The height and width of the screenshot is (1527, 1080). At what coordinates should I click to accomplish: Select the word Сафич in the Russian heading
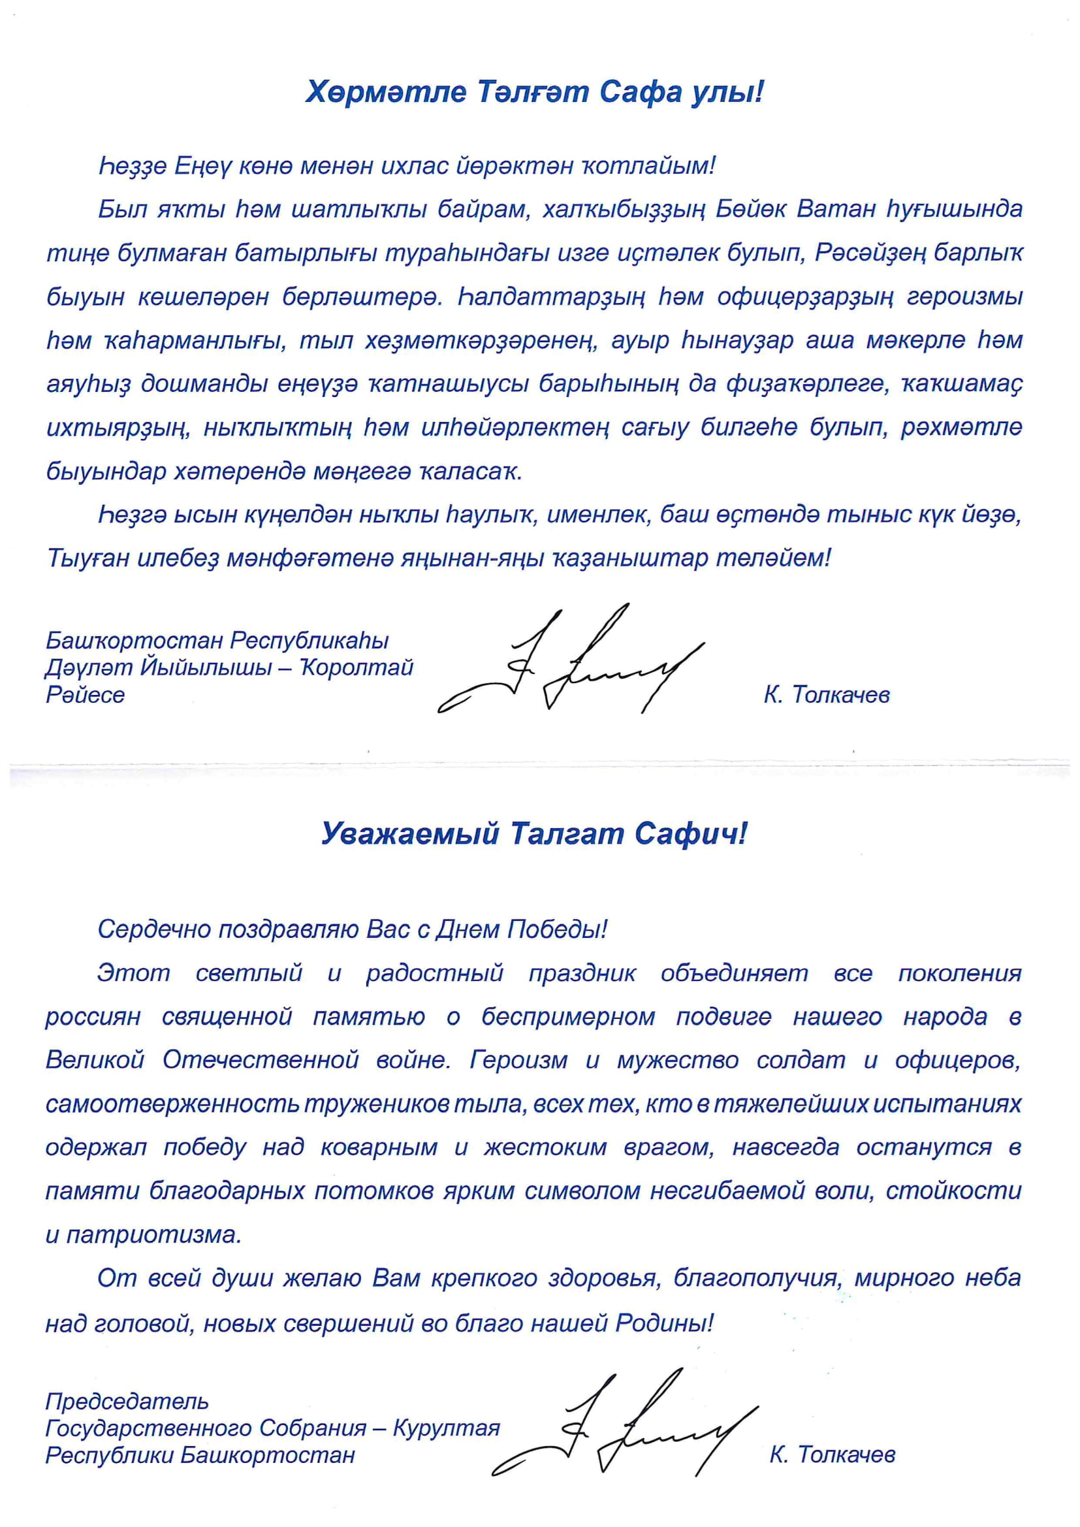(691, 833)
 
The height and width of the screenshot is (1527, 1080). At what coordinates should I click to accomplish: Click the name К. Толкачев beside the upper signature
(827, 696)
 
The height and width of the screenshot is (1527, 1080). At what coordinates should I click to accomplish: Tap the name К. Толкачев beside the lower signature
(832, 1455)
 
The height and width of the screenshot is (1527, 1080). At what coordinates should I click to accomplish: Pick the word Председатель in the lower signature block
(127, 1402)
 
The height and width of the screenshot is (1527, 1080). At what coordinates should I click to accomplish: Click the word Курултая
(446, 1428)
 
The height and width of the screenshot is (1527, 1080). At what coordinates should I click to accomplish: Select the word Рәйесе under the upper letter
(85, 695)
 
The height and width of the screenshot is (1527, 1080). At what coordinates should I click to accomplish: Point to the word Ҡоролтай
(358, 667)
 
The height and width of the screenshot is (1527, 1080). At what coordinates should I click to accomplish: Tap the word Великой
(95, 1060)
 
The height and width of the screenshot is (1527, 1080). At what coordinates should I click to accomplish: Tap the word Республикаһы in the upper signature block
(310, 641)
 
